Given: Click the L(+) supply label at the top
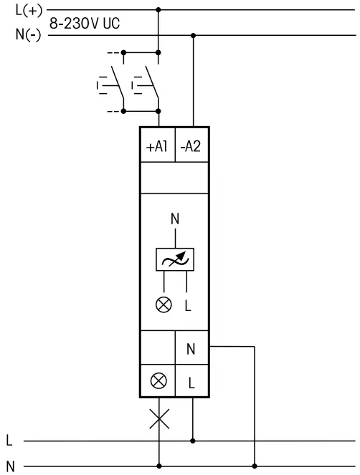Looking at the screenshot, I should coord(28,11).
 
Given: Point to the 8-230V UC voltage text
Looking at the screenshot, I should coord(84,24).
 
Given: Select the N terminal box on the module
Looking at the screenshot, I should coord(191,349).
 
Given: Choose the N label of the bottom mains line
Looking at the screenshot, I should coord(9,465).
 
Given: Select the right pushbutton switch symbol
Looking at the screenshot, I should coord(144,84).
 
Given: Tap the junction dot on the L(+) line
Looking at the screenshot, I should coord(158,11).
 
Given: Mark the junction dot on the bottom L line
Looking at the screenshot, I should coord(192,440).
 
